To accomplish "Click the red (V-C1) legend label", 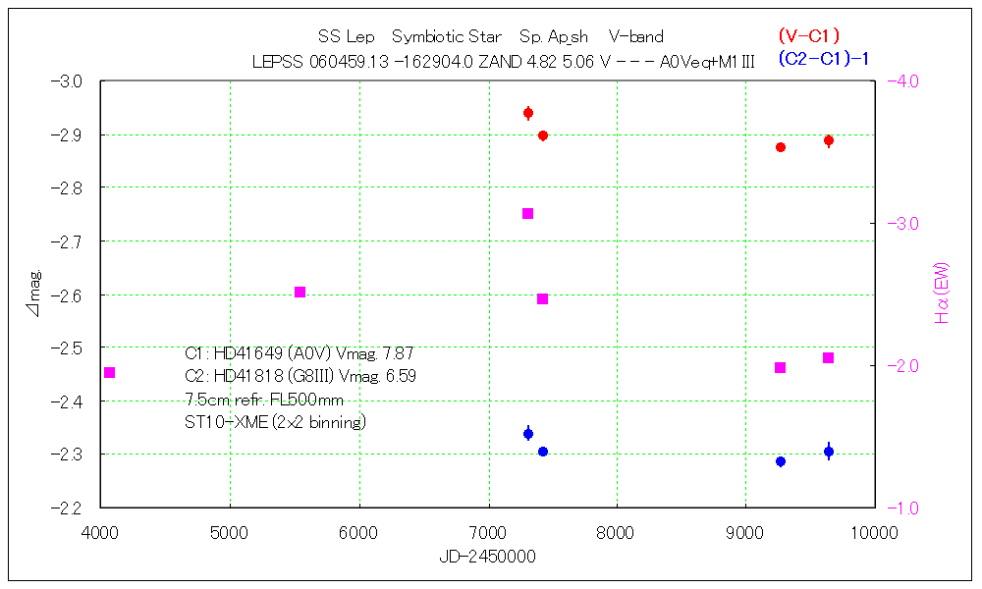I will [808, 36].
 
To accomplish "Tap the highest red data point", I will [528, 113].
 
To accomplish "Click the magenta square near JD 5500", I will [300, 292].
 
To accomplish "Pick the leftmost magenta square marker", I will [110, 372].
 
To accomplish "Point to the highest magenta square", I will [528, 213].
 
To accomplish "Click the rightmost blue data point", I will [829, 452].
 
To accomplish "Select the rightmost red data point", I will [829, 141].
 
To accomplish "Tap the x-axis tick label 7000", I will [488, 533].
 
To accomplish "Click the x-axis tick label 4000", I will [100, 533].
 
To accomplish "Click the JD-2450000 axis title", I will [487, 557].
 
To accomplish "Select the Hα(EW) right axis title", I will [942, 294].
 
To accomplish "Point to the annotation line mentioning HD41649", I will [299, 353].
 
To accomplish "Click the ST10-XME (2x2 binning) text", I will [275, 422].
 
